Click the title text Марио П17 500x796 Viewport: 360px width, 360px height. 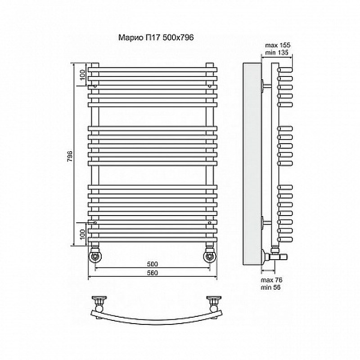(x=156, y=37)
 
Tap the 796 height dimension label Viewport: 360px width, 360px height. (x=70, y=156)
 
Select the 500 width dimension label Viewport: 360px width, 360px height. (x=153, y=264)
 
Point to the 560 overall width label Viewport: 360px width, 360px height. (x=153, y=273)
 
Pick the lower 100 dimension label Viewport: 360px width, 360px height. (x=83, y=234)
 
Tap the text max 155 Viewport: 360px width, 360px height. (x=278, y=45)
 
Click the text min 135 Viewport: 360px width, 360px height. (x=277, y=53)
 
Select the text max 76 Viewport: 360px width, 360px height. (x=272, y=280)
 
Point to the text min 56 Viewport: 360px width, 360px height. (x=271, y=287)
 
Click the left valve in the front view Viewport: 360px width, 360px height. (x=95, y=254)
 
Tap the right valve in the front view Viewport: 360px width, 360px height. (x=210, y=254)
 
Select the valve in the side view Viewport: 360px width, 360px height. (x=275, y=256)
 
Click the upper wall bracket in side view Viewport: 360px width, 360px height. (x=266, y=85)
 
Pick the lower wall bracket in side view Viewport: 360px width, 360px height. (x=266, y=222)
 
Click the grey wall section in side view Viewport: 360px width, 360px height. (x=252, y=164)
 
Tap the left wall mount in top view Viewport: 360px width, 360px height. (x=99, y=303)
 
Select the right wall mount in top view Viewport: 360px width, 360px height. (x=214, y=303)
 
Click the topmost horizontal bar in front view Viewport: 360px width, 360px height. (x=153, y=70)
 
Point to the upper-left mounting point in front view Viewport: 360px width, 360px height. (x=95, y=86)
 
